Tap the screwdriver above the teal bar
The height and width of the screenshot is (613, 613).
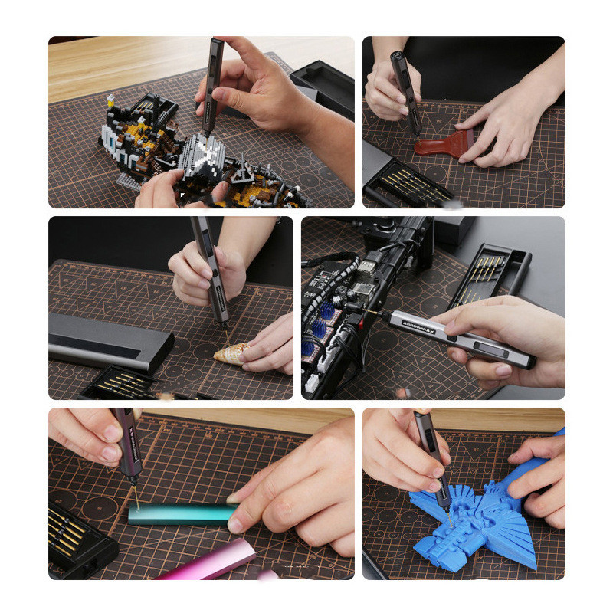(x=126, y=444)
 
